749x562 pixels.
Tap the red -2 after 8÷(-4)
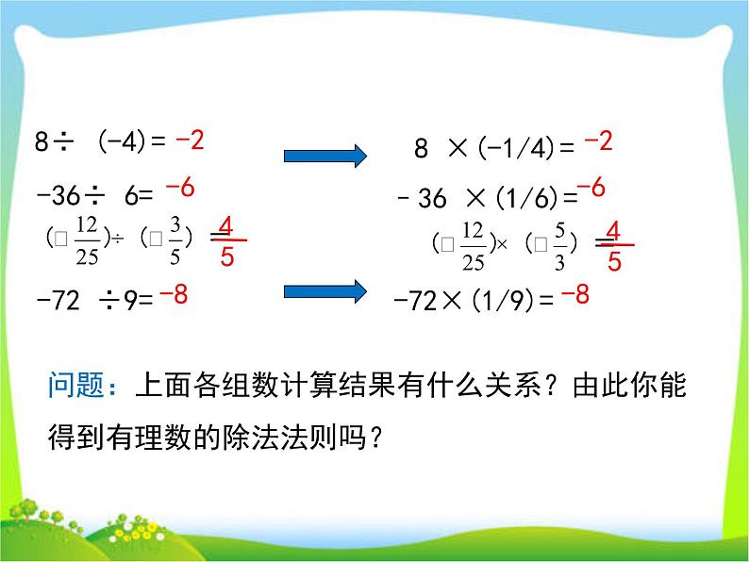(190, 141)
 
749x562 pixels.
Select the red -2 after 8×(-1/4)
(598, 141)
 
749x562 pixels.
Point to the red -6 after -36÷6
(179, 189)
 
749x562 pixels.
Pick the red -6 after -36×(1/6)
(591, 189)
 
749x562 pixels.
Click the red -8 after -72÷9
(174, 296)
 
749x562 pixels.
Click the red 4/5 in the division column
(226, 240)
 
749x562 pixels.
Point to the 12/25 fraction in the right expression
(474, 245)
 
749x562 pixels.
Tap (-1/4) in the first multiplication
(515, 148)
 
